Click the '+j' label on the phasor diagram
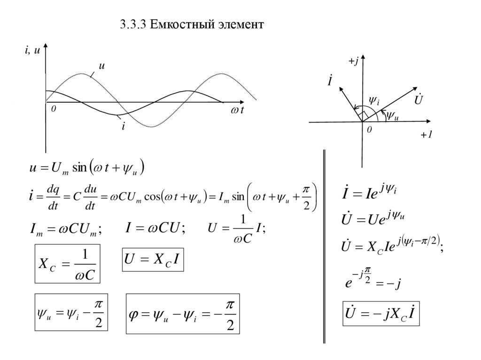pos(353,62)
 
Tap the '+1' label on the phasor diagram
pos(426,135)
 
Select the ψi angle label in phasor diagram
pos(374,100)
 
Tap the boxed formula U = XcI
pos(153,260)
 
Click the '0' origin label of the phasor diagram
pos(369,129)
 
